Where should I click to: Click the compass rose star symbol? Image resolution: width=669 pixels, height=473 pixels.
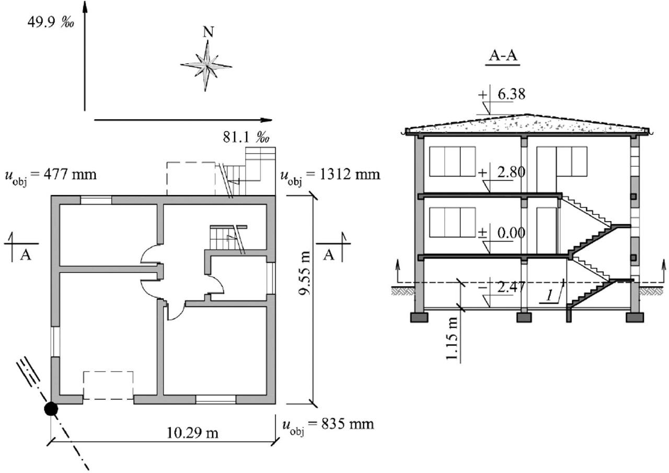click(x=207, y=66)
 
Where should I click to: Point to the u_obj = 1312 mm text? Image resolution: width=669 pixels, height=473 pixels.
click(x=330, y=175)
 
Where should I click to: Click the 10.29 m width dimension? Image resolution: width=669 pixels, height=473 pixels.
click(x=192, y=433)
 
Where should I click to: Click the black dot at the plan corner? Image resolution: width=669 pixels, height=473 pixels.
click(x=51, y=409)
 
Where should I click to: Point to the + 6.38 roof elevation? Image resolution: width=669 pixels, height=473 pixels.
click(x=502, y=95)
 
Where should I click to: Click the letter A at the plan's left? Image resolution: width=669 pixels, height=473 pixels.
click(x=25, y=255)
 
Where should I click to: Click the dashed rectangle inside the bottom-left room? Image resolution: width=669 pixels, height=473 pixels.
click(x=108, y=385)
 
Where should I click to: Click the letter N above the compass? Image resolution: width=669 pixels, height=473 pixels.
click(x=208, y=32)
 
